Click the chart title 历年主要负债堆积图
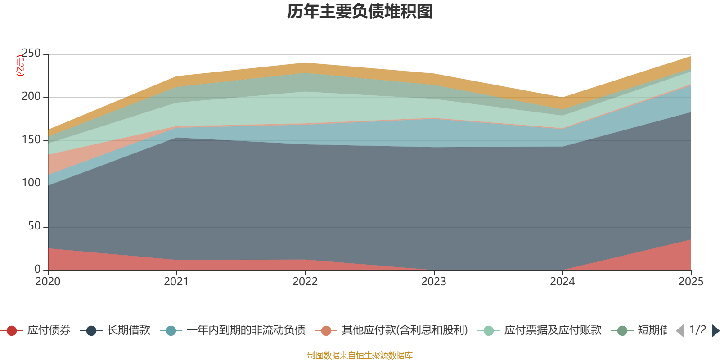point(360,12)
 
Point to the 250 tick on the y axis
point(31,54)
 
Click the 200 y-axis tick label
point(31,97)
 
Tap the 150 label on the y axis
point(31,140)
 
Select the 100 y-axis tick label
point(31,183)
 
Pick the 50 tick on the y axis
point(34,226)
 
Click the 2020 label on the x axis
point(48,282)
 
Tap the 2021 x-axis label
point(176,282)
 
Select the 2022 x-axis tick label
point(305,282)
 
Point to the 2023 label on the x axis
point(434,282)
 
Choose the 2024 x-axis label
point(562,282)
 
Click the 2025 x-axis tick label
point(691,282)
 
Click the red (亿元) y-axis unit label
point(20,66)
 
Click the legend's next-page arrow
point(715,331)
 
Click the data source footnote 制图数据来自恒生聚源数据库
point(360,355)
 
